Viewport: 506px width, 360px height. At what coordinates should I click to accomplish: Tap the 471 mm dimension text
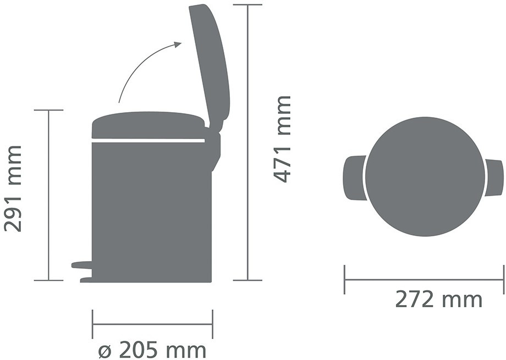(282, 140)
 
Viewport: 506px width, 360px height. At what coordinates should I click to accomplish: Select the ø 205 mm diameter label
(152, 350)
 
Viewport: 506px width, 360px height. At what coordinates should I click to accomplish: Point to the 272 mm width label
(438, 300)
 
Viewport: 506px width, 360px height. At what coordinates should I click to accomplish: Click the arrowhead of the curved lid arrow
(178, 45)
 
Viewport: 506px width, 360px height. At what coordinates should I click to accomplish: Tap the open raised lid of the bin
(210, 64)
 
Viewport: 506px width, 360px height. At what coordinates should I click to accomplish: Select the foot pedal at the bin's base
(82, 265)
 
